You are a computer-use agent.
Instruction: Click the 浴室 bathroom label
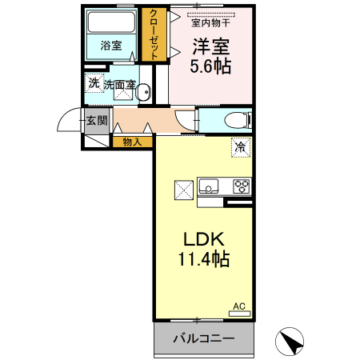111,46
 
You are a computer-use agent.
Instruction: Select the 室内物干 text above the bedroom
210,22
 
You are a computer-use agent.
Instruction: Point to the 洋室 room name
210,46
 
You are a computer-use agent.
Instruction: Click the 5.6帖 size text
210,67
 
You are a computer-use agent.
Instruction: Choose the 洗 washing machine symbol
94,83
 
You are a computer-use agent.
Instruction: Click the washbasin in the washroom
144,94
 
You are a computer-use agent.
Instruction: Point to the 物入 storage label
132,142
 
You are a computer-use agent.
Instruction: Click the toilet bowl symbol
234,121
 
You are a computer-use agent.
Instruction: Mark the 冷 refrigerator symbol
241,146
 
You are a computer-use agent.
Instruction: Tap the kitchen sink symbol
210,187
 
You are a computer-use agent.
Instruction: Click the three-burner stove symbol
242,187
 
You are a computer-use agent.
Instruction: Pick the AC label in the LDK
238,306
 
